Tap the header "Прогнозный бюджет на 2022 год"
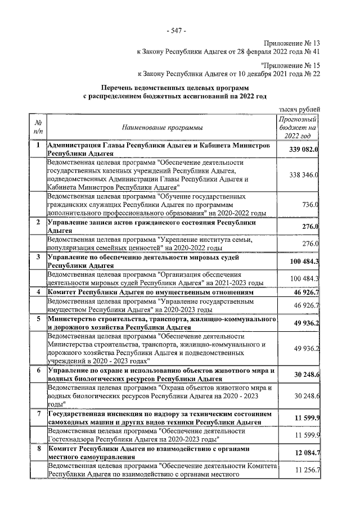[298, 128]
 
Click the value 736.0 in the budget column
[310, 205]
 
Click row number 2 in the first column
[38, 222]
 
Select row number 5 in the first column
[38, 318]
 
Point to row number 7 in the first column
[38, 413]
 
